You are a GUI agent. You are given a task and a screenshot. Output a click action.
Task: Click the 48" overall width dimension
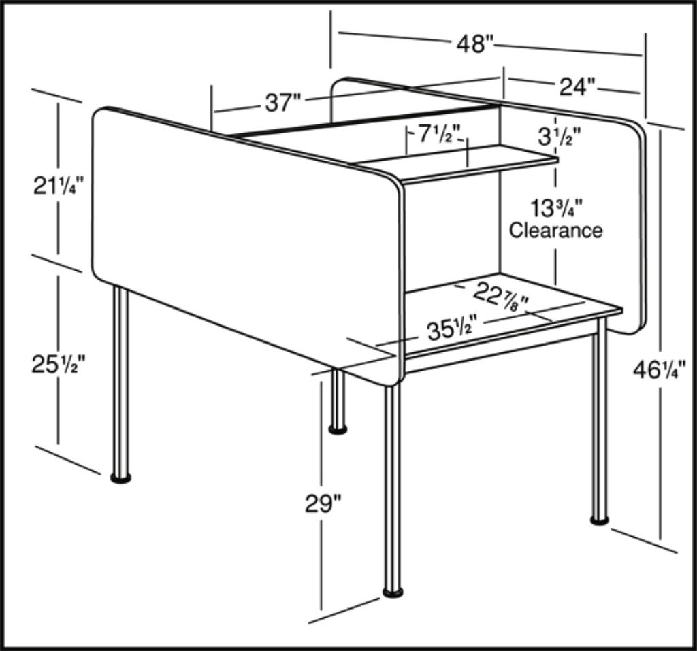coord(474,44)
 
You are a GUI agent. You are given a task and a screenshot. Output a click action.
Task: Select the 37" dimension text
coord(282,103)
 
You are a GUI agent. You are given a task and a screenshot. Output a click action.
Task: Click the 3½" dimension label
coord(560,137)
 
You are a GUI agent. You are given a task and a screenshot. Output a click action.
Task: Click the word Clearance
coord(556,230)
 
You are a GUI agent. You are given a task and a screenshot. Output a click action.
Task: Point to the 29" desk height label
coord(323,504)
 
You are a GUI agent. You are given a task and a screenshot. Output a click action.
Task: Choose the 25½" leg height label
coord(58,365)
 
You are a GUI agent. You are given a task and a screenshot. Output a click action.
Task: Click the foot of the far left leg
coord(121,478)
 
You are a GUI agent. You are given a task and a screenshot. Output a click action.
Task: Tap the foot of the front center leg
coord(393,592)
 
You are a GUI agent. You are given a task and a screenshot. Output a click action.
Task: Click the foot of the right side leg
coord(600,520)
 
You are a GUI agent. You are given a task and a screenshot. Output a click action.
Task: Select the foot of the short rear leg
coord(338,429)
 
